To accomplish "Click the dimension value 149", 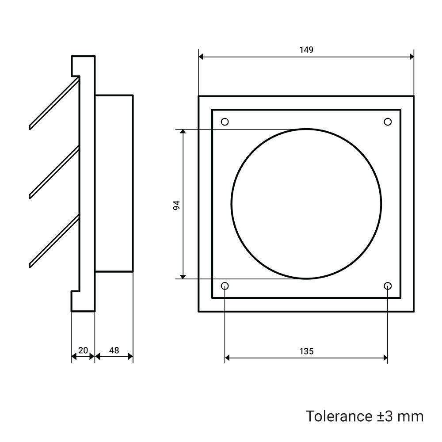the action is [x=306, y=50].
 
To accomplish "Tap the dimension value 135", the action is [x=306, y=351].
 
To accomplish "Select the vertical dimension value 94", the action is [x=176, y=205].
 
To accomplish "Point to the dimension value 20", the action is [x=83, y=351].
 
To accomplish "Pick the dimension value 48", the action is [x=114, y=351].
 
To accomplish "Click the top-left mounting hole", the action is [x=225, y=122].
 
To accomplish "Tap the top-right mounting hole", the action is [x=388, y=122].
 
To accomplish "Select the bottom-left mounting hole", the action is [x=225, y=286].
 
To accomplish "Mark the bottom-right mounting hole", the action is [x=388, y=286].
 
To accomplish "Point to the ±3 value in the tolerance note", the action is [x=385, y=417].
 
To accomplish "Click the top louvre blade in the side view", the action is [x=54, y=103].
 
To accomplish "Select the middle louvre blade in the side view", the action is [x=54, y=172].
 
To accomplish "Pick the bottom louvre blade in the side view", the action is [x=54, y=242].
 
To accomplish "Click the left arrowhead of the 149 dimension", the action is [x=201, y=57].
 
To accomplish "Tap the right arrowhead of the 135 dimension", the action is [x=385, y=358].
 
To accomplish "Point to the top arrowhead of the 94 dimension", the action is [x=183, y=132].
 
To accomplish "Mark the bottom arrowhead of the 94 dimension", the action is [x=183, y=276].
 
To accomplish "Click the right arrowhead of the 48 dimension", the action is [x=130, y=357].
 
